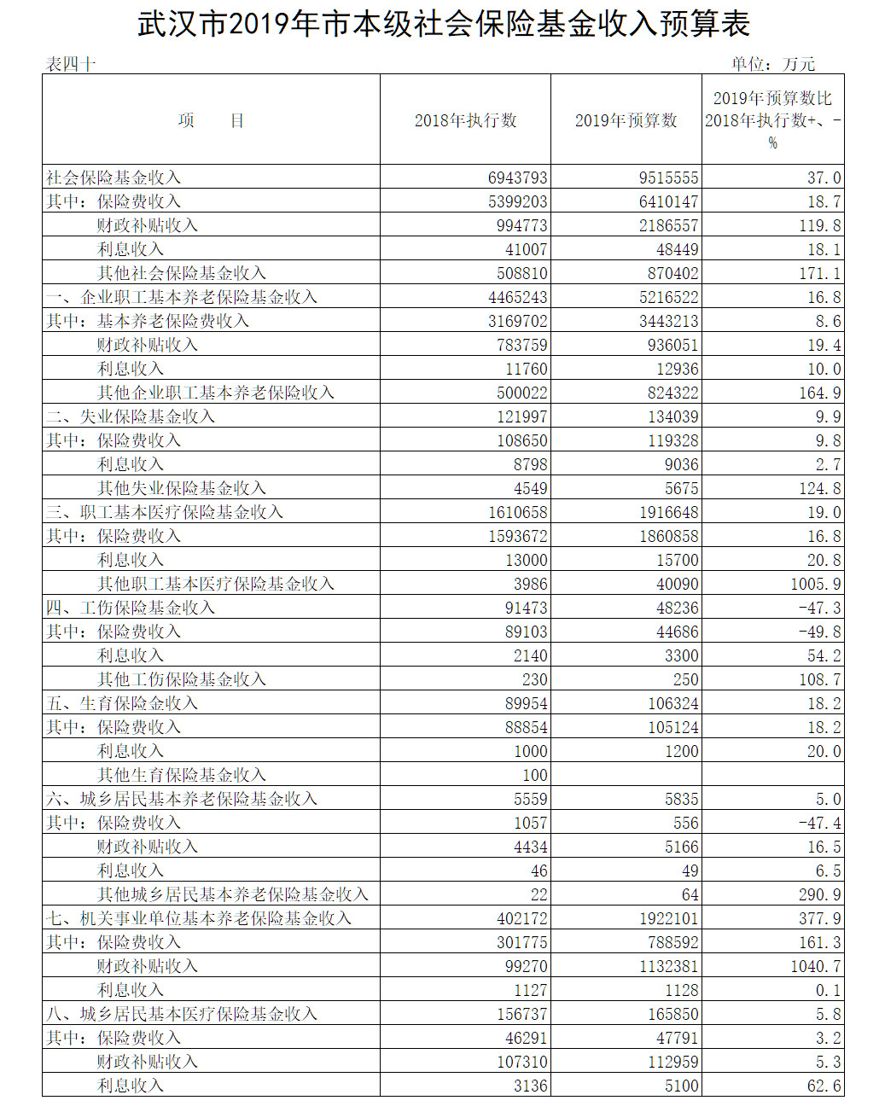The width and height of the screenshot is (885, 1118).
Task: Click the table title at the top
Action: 443,24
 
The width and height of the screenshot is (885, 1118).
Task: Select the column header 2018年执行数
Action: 465,120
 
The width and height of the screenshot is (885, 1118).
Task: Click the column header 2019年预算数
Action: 626,120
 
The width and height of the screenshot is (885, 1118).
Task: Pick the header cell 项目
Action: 211,120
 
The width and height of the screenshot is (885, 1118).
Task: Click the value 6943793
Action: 517,178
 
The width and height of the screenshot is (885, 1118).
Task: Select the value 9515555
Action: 668,178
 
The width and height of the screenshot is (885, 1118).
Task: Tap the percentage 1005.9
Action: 815,584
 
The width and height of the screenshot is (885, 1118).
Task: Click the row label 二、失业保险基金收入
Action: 131,416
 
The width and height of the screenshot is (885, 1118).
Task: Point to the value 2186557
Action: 668,225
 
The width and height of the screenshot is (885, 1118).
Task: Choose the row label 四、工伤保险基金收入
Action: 131,608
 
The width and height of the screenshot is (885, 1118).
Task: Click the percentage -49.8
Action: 819,632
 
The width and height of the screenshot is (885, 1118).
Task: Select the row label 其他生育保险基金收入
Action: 182,775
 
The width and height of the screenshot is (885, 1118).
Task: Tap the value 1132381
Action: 668,966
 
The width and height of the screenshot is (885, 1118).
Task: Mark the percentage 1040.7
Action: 815,966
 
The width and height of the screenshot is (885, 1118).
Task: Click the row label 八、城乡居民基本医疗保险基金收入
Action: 182,1014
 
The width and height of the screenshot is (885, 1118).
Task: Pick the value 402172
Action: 521,918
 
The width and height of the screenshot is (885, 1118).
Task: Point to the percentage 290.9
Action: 819,894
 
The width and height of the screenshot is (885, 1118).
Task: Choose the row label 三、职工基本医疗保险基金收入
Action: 165,512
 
